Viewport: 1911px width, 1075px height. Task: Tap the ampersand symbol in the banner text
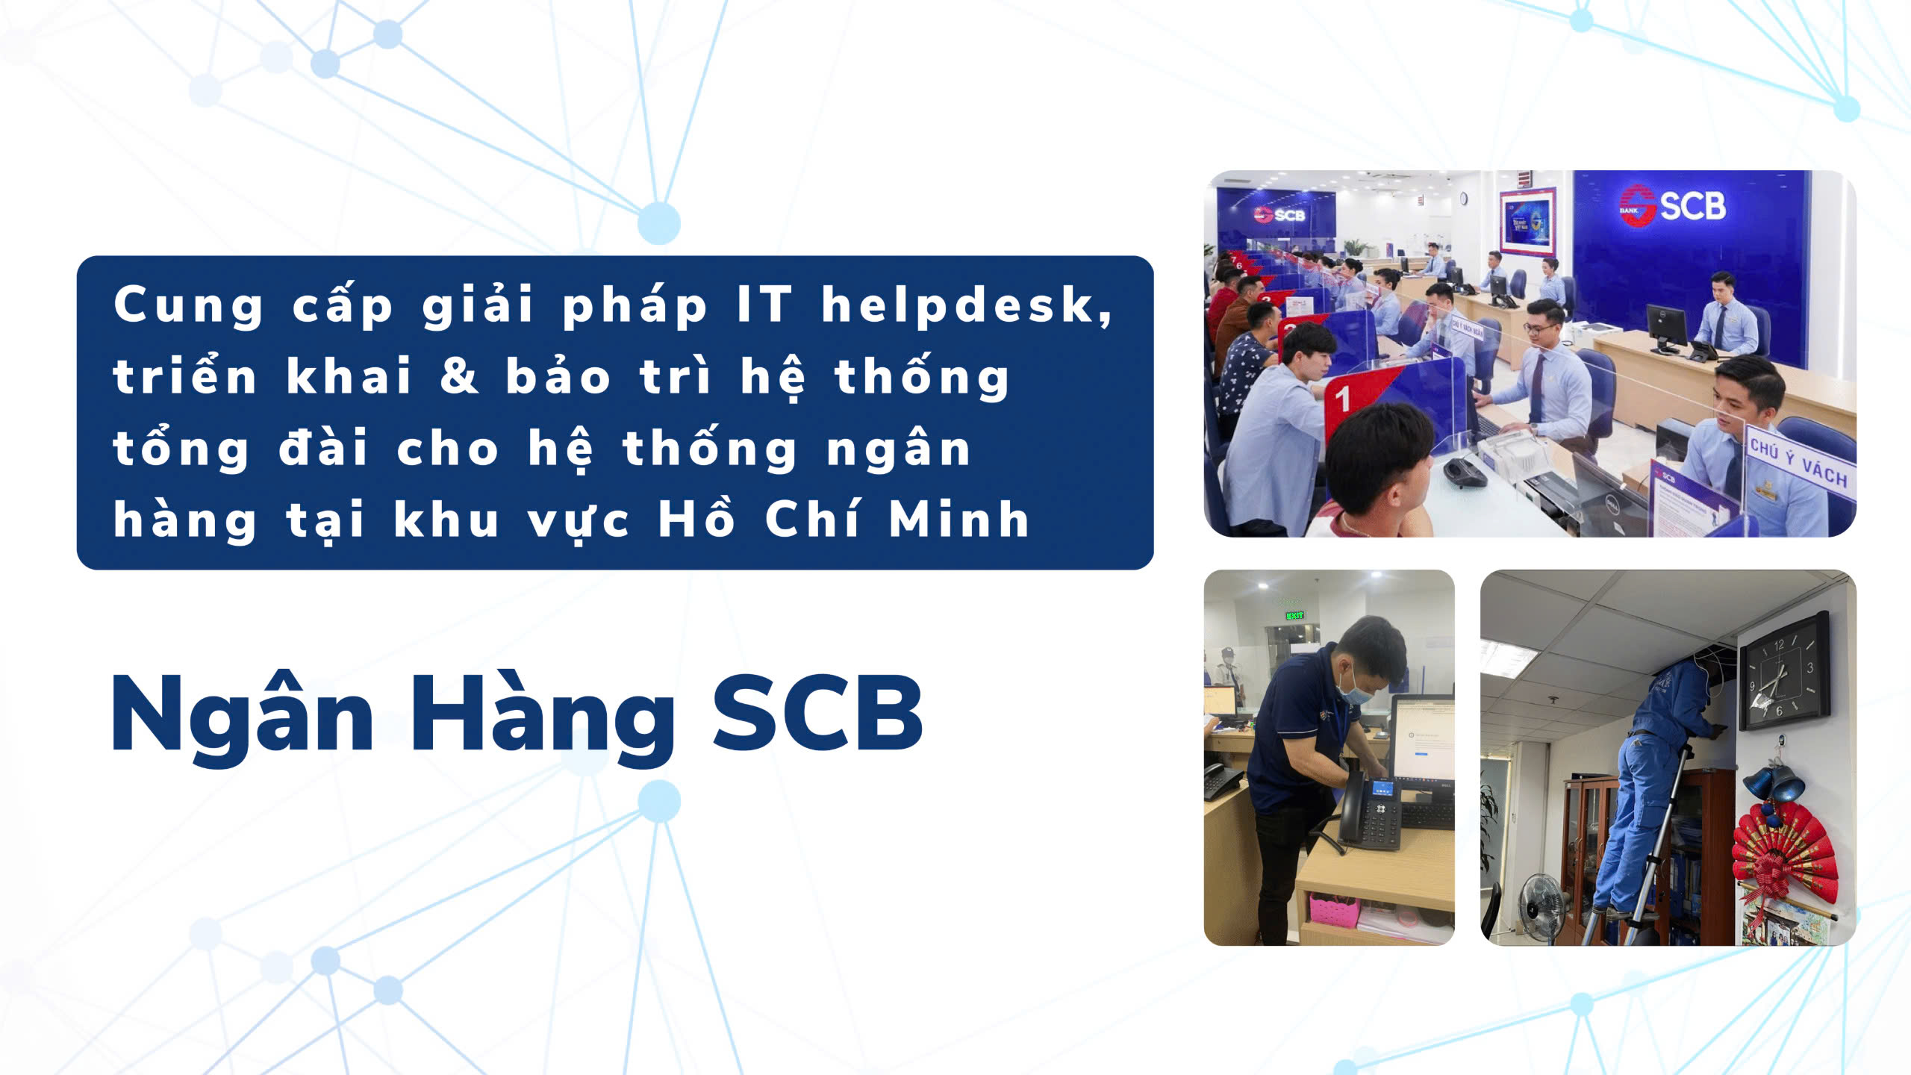(x=459, y=376)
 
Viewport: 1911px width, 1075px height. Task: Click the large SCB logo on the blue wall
(x=1673, y=205)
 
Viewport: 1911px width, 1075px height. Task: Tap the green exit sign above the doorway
(x=1294, y=615)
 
